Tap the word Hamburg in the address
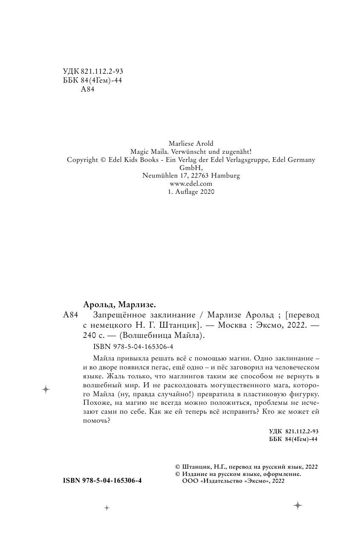[225, 176]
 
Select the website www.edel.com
[190, 184]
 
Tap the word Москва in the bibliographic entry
[233, 326]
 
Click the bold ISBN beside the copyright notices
[102, 480]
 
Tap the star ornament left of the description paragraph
[46, 389]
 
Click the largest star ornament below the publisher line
[297, 505]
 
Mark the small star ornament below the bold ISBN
[107, 508]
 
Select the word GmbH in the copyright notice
[190, 168]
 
